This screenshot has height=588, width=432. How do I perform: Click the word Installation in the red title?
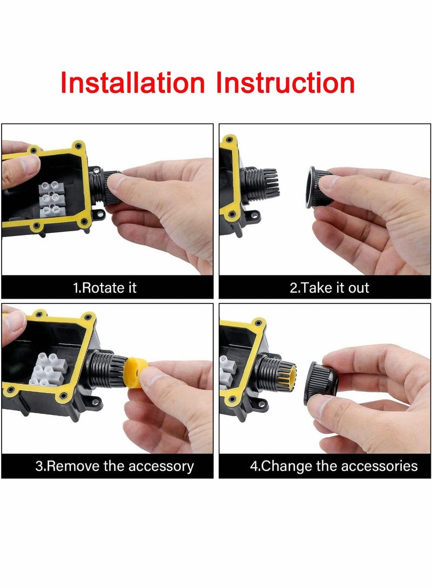coord(132,83)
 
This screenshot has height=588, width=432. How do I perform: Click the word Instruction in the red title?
coord(285,83)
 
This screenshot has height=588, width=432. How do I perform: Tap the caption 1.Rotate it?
coord(105,288)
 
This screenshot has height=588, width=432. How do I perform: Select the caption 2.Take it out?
coord(329,288)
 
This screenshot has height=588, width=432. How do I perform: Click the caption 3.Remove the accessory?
coord(114,466)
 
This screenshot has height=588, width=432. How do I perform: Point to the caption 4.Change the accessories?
coord(333,466)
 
